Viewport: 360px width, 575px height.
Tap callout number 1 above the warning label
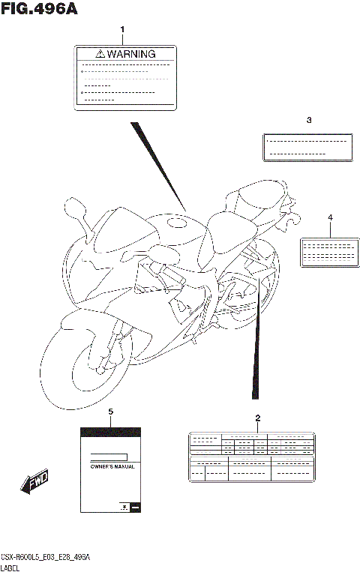[x=123, y=30]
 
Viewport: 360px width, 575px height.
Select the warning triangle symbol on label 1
[x=100, y=54]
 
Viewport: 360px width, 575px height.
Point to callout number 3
[x=307, y=120]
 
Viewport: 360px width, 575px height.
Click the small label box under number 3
[x=307, y=146]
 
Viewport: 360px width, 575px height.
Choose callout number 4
[x=329, y=217]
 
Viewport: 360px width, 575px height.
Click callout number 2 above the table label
[x=257, y=418]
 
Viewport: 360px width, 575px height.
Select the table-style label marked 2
[x=251, y=457]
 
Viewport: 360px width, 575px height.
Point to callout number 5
[x=110, y=412]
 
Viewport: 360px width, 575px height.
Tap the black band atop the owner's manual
[x=110, y=432]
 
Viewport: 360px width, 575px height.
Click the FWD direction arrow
[x=35, y=483]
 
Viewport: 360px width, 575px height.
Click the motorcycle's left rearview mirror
[x=76, y=205]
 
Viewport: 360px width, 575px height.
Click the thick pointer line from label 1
[x=157, y=166]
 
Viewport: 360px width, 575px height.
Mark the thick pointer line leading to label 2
[x=257, y=337]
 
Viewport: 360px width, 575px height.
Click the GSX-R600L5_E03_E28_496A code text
[x=45, y=559]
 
